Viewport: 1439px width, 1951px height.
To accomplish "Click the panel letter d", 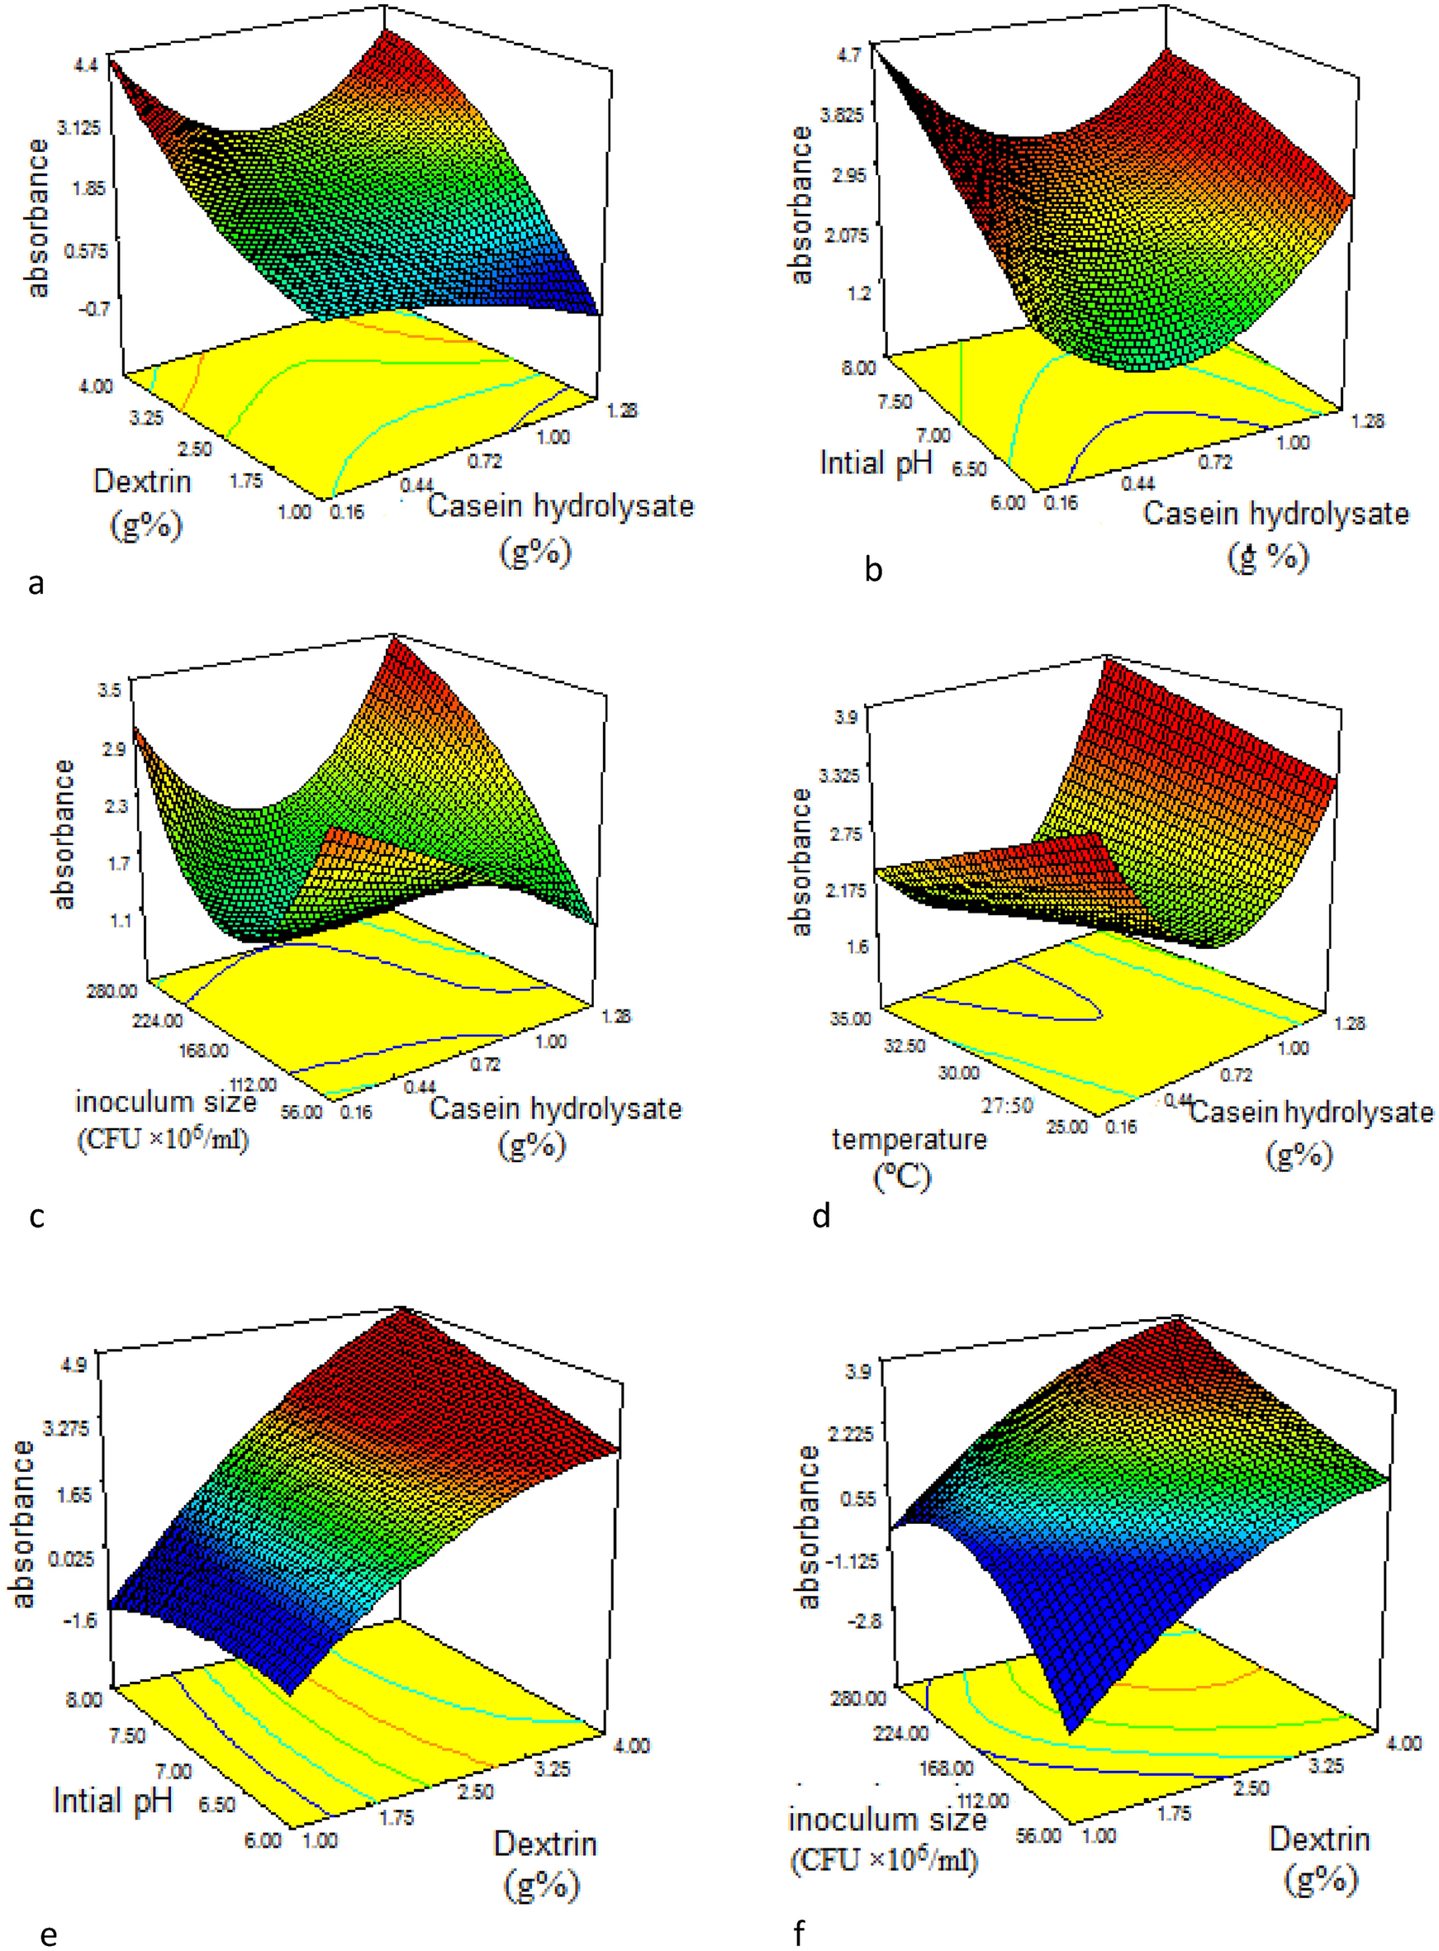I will coord(820,1214).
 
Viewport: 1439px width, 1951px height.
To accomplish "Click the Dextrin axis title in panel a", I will coord(142,482).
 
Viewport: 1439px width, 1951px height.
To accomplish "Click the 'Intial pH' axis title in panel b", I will coord(876,463).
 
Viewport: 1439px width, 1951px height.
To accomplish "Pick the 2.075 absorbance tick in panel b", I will coord(847,235).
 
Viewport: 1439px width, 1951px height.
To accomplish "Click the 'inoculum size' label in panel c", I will coord(165,1103).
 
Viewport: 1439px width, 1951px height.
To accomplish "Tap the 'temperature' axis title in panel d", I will coord(909,1139).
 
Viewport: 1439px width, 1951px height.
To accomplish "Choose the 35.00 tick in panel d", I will coord(849,1018).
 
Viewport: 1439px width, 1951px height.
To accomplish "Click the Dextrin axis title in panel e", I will coord(545,1844).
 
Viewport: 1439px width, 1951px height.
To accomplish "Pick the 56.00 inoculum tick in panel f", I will coord(1039,1835).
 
